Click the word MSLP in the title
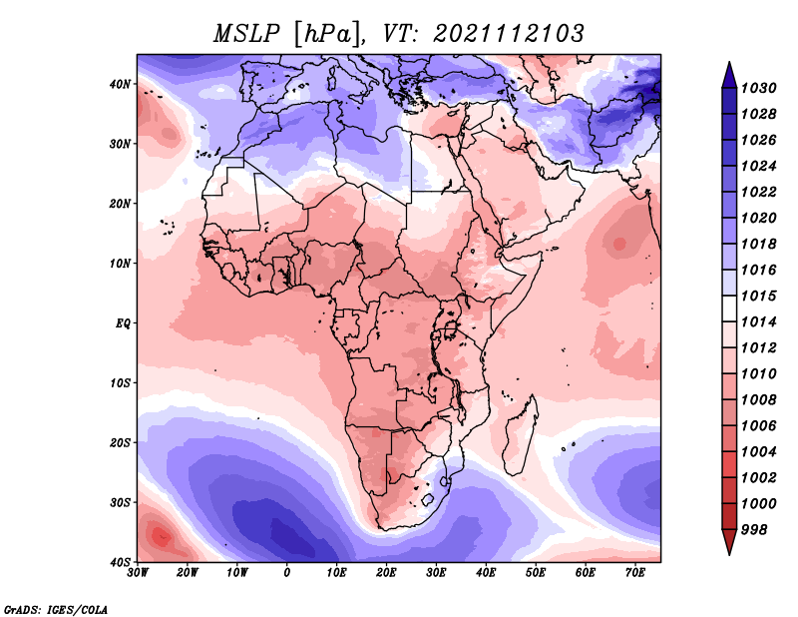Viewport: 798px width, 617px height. pyautogui.click(x=246, y=34)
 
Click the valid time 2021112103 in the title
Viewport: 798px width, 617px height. pyautogui.click(x=509, y=34)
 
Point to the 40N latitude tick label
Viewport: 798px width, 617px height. pyautogui.click(x=120, y=84)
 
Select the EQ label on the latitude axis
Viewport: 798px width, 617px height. pyautogui.click(x=123, y=323)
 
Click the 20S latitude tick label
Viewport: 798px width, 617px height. pyautogui.click(x=120, y=442)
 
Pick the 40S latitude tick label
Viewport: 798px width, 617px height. pyautogui.click(x=120, y=562)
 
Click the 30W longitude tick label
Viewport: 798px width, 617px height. pyautogui.click(x=138, y=573)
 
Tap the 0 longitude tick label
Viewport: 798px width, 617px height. pyautogui.click(x=287, y=573)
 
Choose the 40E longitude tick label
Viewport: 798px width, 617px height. pyautogui.click(x=487, y=573)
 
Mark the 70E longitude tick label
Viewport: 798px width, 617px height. pyautogui.click(x=635, y=573)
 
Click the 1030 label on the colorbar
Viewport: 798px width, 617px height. pyautogui.click(x=758, y=88)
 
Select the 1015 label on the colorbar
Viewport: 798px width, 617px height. pyautogui.click(x=758, y=296)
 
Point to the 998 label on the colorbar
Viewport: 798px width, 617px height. pyautogui.click(x=753, y=530)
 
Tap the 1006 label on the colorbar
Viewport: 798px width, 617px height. pyautogui.click(x=758, y=426)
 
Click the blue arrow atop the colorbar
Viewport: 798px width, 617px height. pyautogui.click(x=729, y=76)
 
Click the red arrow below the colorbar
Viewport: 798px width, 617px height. pyautogui.click(x=729, y=542)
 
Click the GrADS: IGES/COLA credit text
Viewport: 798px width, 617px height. pyautogui.click(x=56, y=610)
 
